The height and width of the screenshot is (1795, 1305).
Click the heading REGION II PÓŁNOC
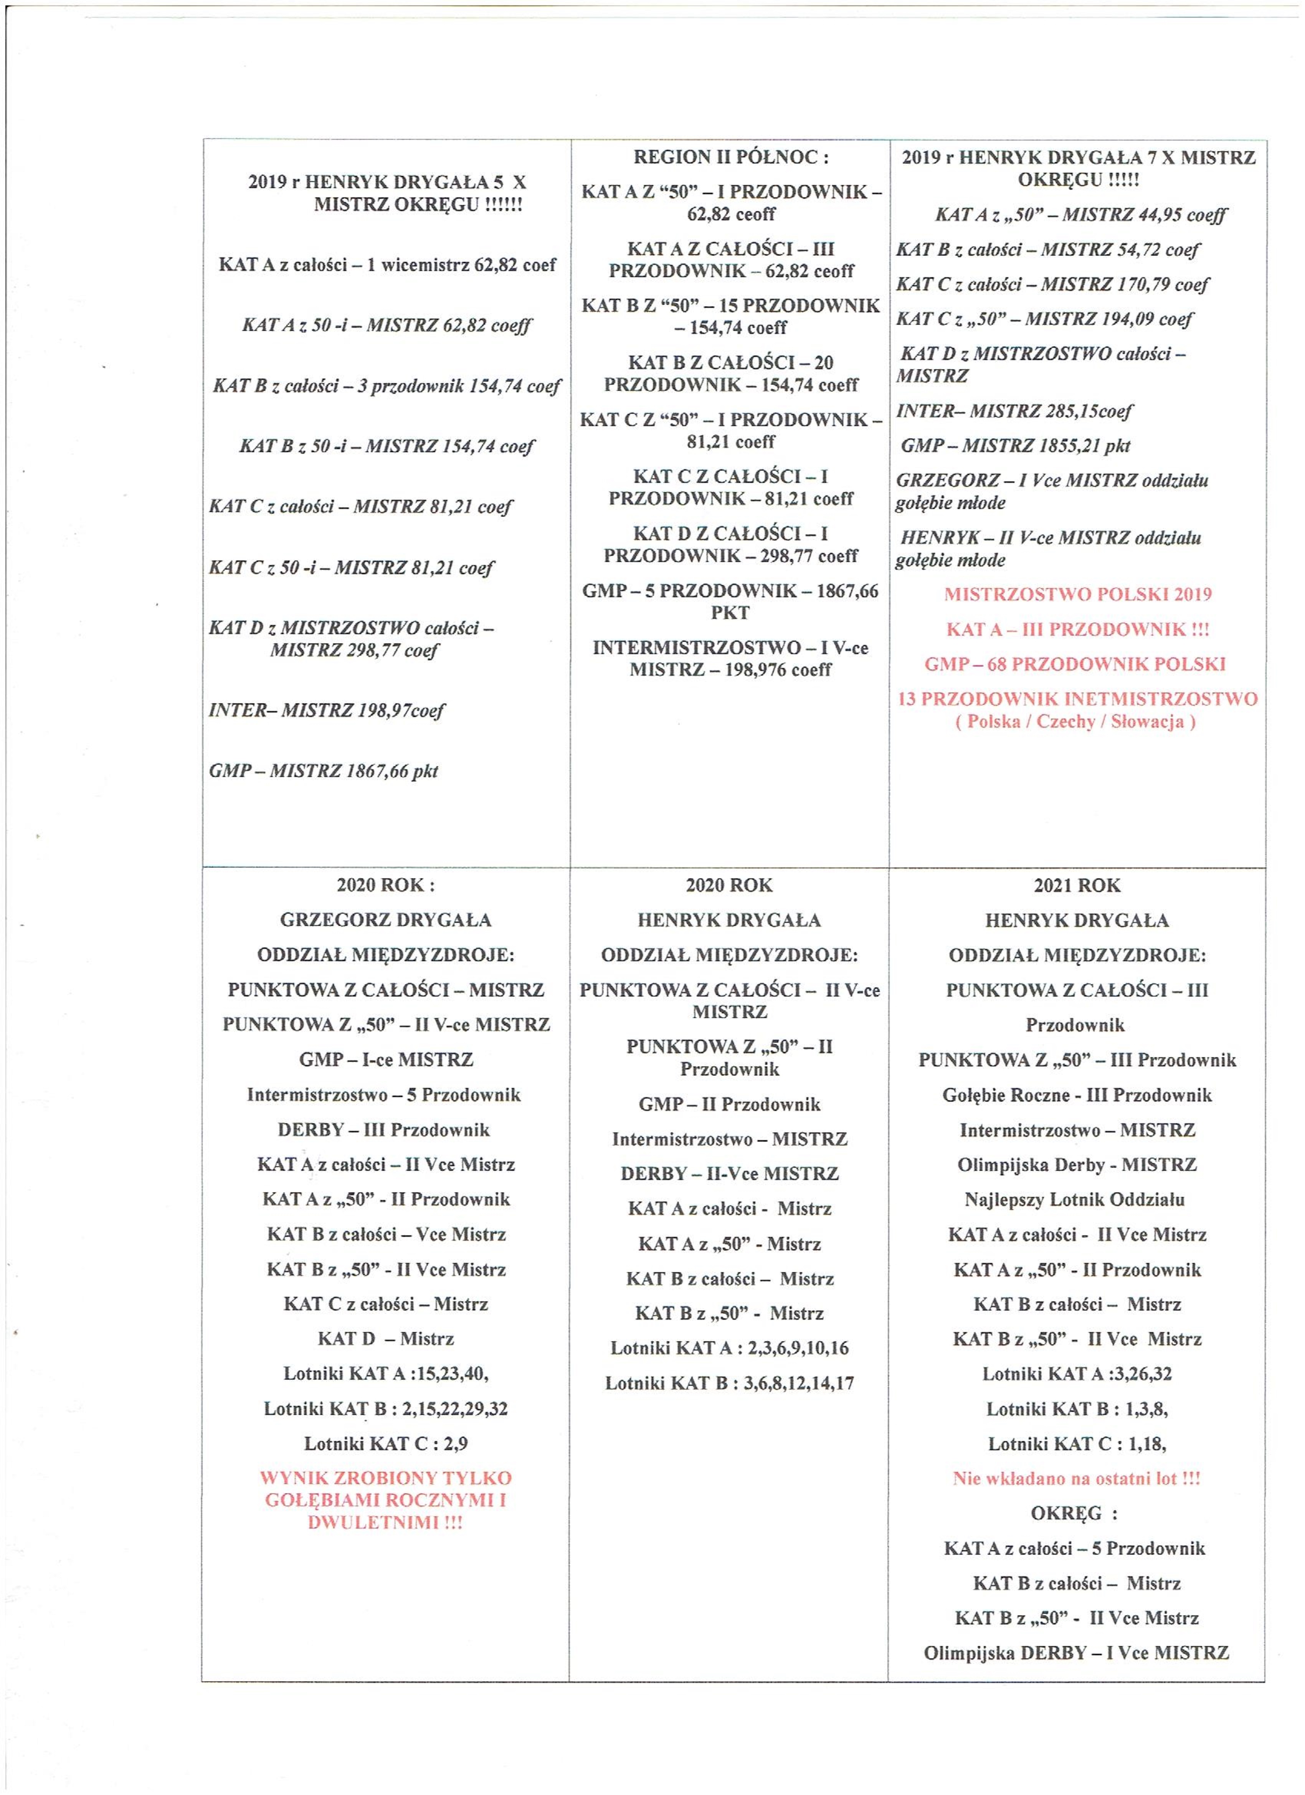tap(730, 157)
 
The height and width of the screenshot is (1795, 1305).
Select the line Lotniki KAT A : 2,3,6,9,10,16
tap(729, 1348)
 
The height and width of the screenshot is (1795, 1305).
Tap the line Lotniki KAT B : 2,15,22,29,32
tap(385, 1409)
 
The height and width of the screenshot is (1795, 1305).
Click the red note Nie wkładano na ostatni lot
tap(1076, 1478)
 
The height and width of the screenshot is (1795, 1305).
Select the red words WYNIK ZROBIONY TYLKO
tap(385, 1478)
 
